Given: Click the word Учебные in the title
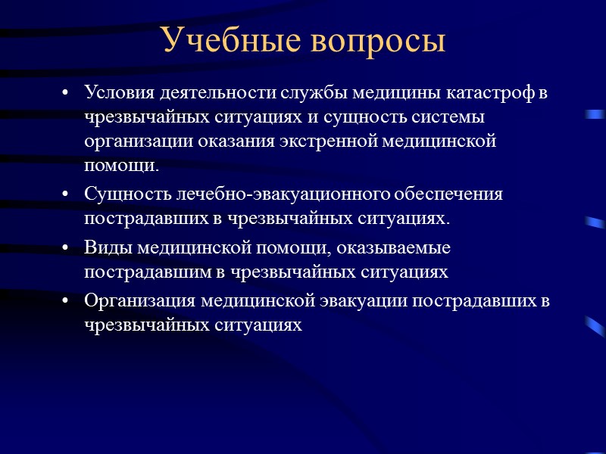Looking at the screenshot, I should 223,42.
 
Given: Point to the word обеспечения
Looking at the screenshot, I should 450,194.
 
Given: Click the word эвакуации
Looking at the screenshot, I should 401,300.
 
